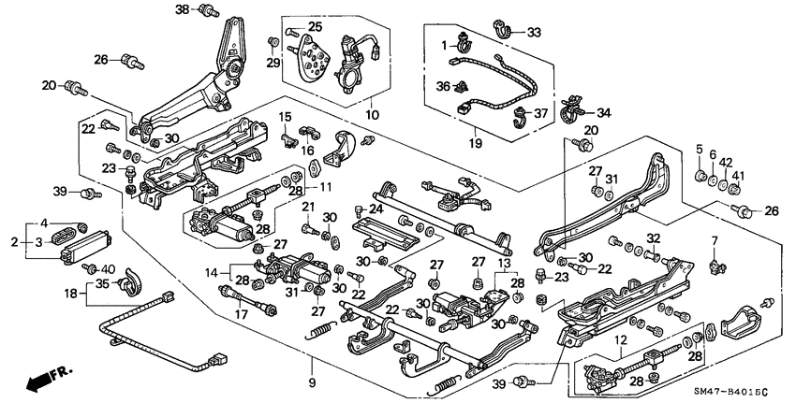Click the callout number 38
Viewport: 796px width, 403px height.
pyautogui.click(x=182, y=9)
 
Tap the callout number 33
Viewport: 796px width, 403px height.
pyautogui.click(x=534, y=32)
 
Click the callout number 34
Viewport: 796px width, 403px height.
pyautogui.click(x=603, y=113)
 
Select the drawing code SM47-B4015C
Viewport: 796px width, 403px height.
pyautogui.click(x=740, y=390)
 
